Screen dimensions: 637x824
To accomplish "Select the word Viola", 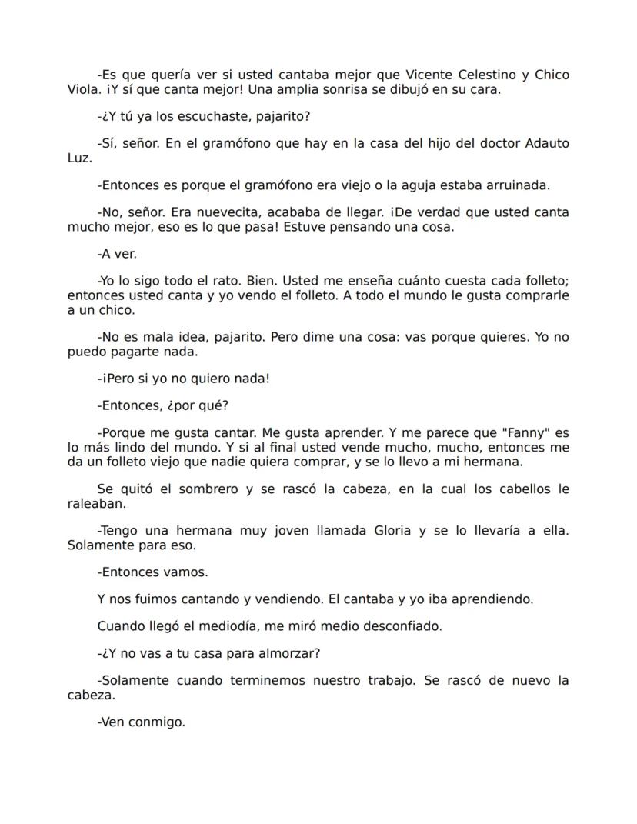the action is point(82,88).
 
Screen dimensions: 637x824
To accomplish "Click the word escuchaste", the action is point(206,116).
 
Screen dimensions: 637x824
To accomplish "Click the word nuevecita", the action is point(198,212).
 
